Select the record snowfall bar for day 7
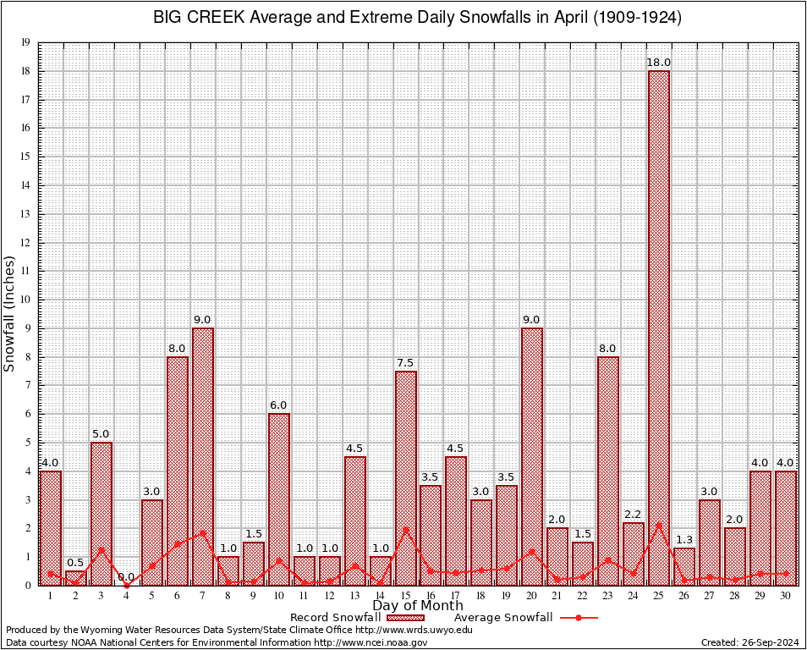tap(203, 457)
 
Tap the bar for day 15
tap(405, 478)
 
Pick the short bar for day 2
tap(76, 578)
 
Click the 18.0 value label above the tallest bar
tap(658, 63)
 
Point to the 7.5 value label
tap(405, 363)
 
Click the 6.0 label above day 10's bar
tap(279, 405)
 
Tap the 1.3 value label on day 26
tap(683, 540)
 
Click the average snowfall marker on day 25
tap(658, 526)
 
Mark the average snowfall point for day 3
tap(102, 549)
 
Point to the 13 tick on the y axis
tap(25, 214)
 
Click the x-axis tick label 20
tap(532, 595)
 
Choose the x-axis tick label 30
tap(785, 595)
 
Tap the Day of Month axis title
tap(418, 606)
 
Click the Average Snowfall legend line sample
tap(579, 618)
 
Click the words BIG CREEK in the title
tap(194, 18)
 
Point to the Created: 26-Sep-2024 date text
tap(749, 643)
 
